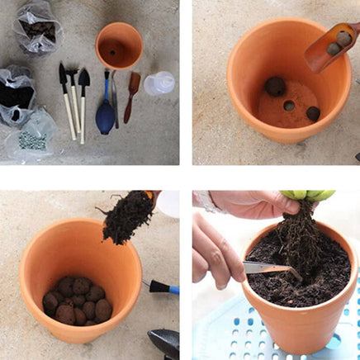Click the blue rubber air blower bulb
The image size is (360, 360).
pos(106,117)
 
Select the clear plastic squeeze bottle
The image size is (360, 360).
pos(159,83)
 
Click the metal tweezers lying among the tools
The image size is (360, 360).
pos(114,95)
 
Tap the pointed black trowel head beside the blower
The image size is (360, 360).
pos(83,80)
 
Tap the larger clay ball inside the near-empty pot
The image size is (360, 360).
pos(275,86)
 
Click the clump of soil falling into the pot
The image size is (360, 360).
pos(126,217)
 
